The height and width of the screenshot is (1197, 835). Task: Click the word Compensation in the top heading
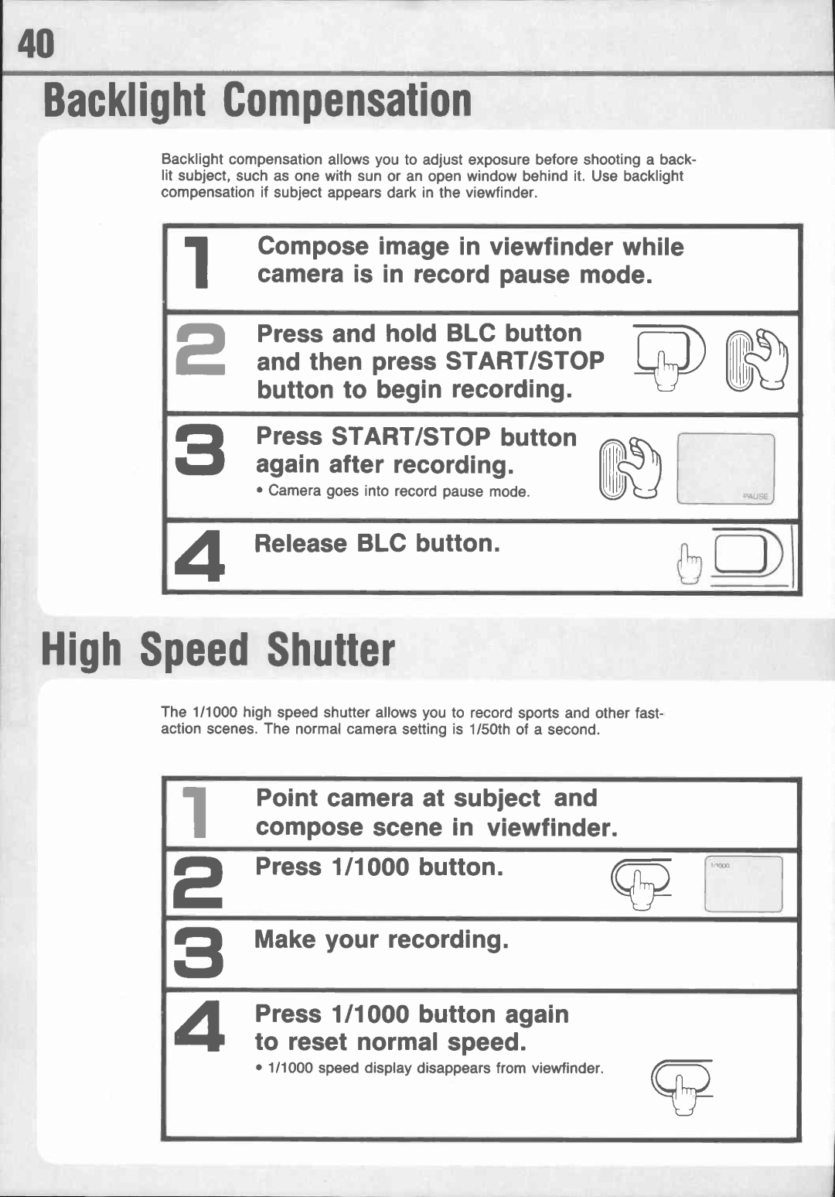tap(346, 102)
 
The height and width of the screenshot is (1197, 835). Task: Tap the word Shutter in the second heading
tap(330, 651)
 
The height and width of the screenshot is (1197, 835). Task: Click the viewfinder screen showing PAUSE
tap(725, 470)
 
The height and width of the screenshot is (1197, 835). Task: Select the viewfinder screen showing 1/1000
tap(743, 884)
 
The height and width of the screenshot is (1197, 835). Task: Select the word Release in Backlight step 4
tap(300, 543)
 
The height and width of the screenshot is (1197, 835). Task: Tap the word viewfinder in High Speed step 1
tap(552, 827)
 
